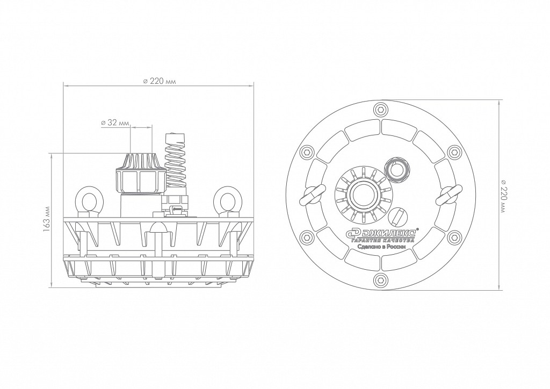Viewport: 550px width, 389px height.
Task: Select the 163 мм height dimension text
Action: point(46,220)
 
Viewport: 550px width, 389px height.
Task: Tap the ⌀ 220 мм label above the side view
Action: point(159,81)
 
